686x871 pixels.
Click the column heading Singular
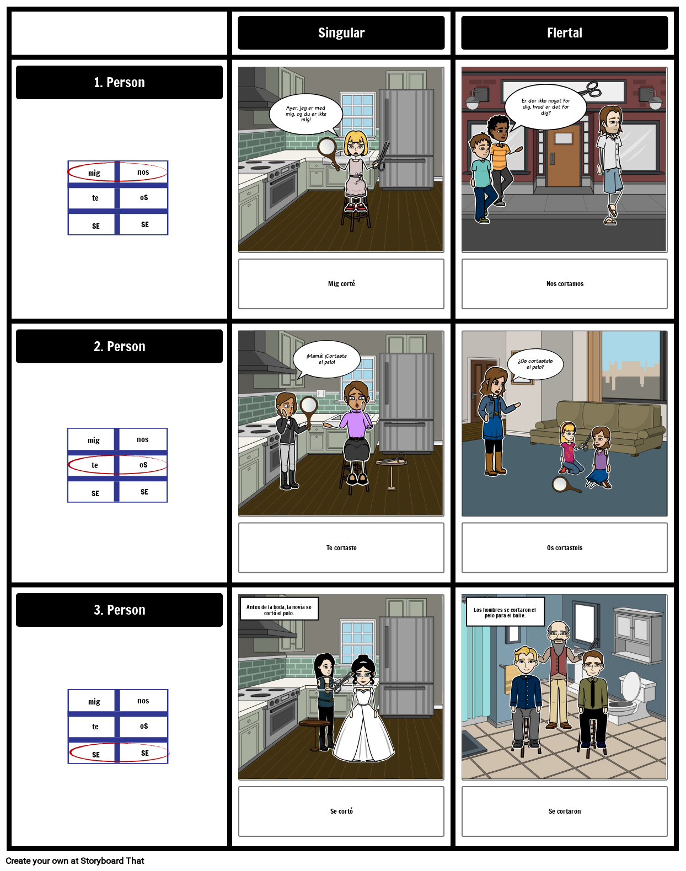click(341, 33)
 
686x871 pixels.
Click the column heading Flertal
click(564, 33)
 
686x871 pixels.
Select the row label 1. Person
click(119, 83)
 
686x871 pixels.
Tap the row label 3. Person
click(119, 610)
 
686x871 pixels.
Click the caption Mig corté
click(341, 284)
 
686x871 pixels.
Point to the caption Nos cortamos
click(565, 284)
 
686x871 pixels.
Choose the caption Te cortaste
click(341, 548)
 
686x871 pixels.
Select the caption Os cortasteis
click(565, 548)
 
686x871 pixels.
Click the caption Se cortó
click(341, 811)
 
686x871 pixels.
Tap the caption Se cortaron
click(565, 811)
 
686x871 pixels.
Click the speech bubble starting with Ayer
click(306, 114)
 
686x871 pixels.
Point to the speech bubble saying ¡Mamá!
click(326, 359)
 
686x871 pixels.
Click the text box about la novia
click(279, 610)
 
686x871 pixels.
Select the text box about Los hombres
click(505, 612)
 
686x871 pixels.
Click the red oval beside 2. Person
click(117, 465)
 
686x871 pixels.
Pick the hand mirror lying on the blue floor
click(563, 485)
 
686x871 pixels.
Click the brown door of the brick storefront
click(564, 157)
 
